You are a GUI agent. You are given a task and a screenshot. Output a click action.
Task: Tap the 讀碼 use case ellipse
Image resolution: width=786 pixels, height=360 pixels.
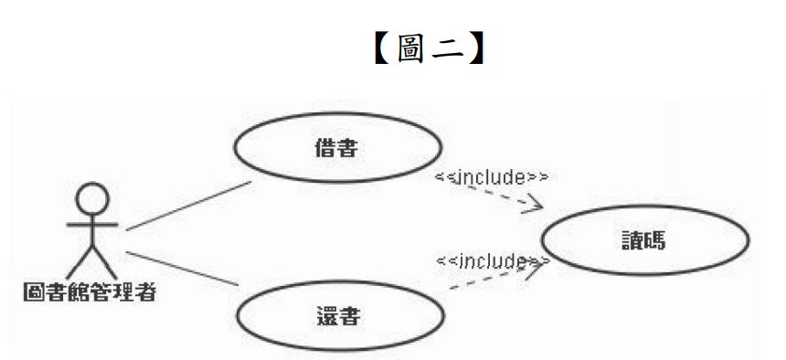pyautogui.click(x=645, y=241)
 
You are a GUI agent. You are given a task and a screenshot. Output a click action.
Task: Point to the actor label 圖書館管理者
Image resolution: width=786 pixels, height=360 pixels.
pyautogui.click(x=89, y=293)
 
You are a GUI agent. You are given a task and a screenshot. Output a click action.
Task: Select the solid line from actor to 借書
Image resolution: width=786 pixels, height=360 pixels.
pyautogui.click(x=187, y=206)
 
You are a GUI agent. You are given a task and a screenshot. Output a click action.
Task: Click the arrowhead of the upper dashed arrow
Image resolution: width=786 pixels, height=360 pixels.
pyautogui.click(x=535, y=206)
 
